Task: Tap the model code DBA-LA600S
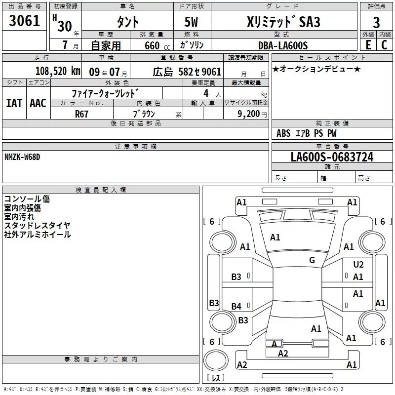[x=282, y=45]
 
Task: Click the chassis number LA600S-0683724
[x=332, y=158]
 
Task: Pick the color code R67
[x=82, y=113]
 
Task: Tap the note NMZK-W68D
[x=22, y=157]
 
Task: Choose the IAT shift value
[x=14, y=103]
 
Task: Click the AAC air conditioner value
[x=38, y=103]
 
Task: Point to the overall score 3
[x=376, y=22]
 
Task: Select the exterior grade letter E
[x=367, y=45]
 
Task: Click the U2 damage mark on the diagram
[x=358, y=265]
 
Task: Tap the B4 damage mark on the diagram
[x=237, y=307]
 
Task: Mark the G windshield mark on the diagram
[x=312, y=260]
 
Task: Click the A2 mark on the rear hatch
[x=283, y=353]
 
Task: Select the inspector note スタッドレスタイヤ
[x=38, y=225]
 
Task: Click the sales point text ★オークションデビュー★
[x=316, y=69]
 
